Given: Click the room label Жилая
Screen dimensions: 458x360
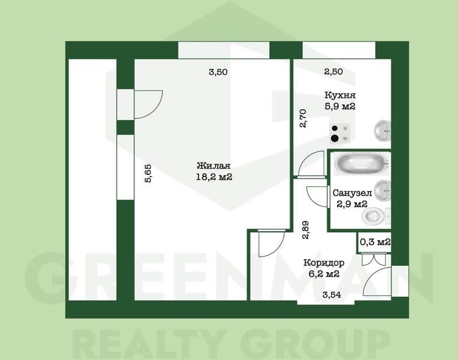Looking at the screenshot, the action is [x=214, y=166].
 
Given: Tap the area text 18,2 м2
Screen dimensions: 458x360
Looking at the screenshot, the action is [x=214, y=177].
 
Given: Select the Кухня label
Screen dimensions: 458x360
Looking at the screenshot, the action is [x=340, y=95].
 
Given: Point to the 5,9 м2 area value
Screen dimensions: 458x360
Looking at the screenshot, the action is [x=340, y=106].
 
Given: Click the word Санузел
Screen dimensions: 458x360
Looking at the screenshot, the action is [x=352, y=193].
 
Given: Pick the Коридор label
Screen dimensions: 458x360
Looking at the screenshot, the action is [x=324, y=263].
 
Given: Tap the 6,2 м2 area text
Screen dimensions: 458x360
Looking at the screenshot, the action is [x=324, y=274].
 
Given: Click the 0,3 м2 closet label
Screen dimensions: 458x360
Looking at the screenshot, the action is [x=375, y=242].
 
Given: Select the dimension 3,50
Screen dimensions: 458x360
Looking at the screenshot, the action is [x=218, y=72].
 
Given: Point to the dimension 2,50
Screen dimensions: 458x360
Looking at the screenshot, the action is [x=333, y=72].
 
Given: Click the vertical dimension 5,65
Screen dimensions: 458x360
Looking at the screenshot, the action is [x=148, y=174].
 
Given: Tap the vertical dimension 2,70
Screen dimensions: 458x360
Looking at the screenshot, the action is [x=303, y=119].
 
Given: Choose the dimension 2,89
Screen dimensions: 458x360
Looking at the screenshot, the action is [x=306, y=230].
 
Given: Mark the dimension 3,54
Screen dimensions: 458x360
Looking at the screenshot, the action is [x=332, y=295].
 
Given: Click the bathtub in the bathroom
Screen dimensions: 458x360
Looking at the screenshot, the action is [x=361, y=164].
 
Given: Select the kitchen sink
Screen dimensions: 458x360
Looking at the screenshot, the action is [x=382, y=131].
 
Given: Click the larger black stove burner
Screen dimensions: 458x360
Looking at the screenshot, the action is [x=335, y=138].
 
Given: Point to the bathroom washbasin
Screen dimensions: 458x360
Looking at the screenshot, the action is [x=382, y=190].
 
